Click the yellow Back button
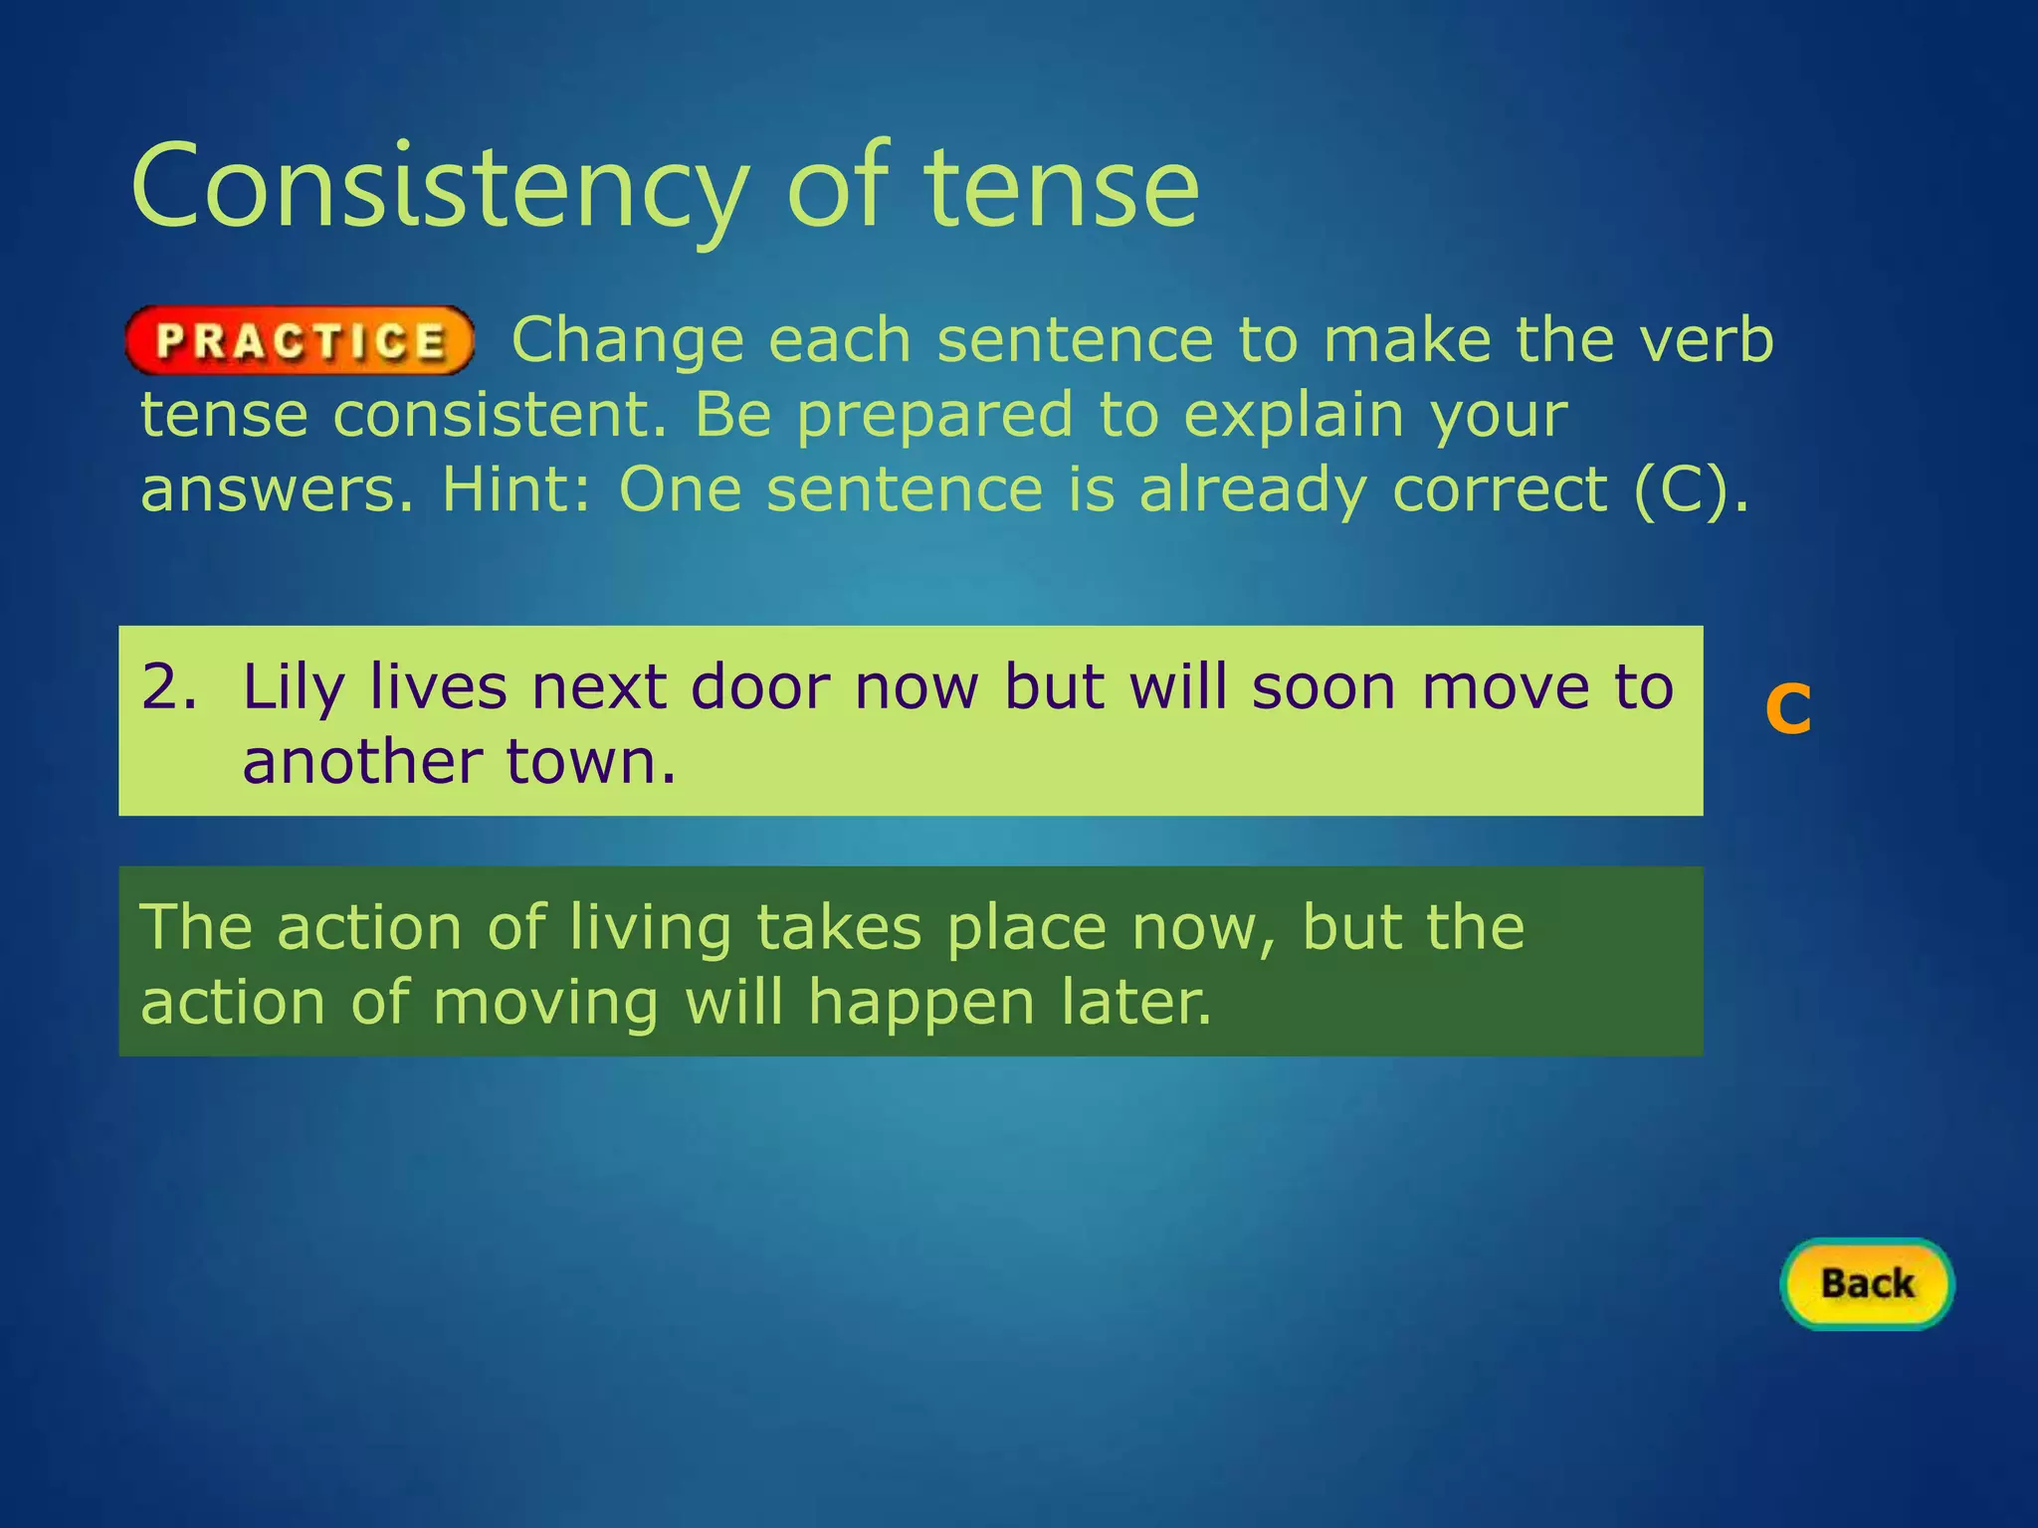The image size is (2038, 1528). pos(1867,1283)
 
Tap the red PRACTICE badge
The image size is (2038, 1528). pos(300,341)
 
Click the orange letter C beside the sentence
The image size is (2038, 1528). pos(1787,709)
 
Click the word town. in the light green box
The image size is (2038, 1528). pos(591,762)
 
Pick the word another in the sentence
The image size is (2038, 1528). pos(362,762)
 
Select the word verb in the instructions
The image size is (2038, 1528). pos(1707,340)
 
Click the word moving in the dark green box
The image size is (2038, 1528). pos(545,1003)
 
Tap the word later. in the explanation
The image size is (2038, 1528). pos(1135,1002)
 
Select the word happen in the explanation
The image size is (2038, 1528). pos(920,1003)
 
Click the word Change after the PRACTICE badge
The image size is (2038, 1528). pos(627,340)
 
